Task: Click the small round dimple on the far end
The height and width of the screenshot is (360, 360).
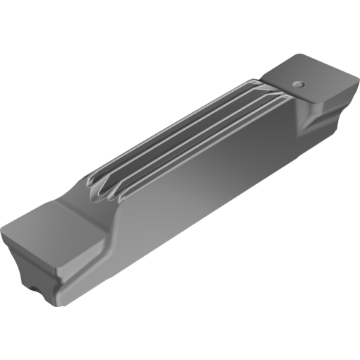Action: click(x=299, y=83)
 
